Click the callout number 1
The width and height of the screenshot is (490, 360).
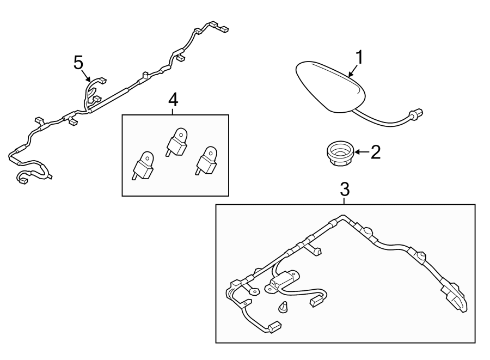[x=360, y=58]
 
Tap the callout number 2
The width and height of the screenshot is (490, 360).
[x=376, y=152]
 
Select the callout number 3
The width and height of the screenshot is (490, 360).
[x=345, y=190]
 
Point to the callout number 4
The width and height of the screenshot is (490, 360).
[x=173, y=100]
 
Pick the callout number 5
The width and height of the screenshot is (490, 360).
[x=79, y=63]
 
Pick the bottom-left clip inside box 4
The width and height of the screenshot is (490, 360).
[x=143, y=166]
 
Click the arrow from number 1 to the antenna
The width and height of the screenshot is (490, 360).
[x=353, y=70]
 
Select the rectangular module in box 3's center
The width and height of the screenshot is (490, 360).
[x=282, y=280]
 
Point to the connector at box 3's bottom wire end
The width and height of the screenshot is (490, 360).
[x=274, y=327]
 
